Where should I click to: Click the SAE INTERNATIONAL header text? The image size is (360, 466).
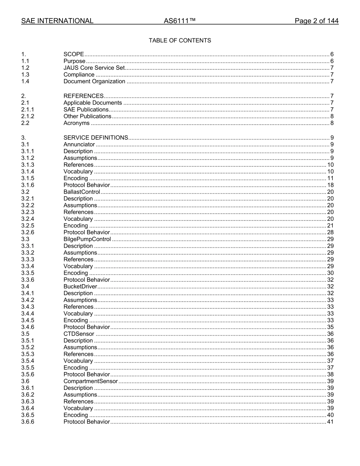click(57, 21)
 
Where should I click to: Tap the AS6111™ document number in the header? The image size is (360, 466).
click(180, 21)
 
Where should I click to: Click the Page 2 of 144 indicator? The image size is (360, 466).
click(316, 21)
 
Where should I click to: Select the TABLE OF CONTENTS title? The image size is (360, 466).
click(180, 41)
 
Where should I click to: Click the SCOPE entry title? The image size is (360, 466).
click(74, 55)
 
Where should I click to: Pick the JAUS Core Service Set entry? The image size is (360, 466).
click(94, 68)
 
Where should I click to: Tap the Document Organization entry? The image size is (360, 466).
click(94, 81)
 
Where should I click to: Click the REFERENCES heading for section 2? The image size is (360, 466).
click(83, 96)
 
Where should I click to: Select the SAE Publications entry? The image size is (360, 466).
click(86, 110)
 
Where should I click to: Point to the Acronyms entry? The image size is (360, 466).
click(77, 123)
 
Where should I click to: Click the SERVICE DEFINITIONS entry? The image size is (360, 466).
click(96, 138)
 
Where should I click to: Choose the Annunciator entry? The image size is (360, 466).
click(79, 144)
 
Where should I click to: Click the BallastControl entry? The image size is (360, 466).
click(82, 192)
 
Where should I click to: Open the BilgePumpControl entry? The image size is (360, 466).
click(87, 239)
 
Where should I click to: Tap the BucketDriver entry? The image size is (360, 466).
click(80, 287)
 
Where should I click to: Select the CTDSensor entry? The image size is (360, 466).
click(79, 334)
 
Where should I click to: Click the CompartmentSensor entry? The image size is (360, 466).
click(91, 382)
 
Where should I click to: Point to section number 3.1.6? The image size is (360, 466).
click(28, 185)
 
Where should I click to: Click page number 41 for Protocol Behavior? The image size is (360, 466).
click(330, 422)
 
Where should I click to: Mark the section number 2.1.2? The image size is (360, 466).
click(28, 117)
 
